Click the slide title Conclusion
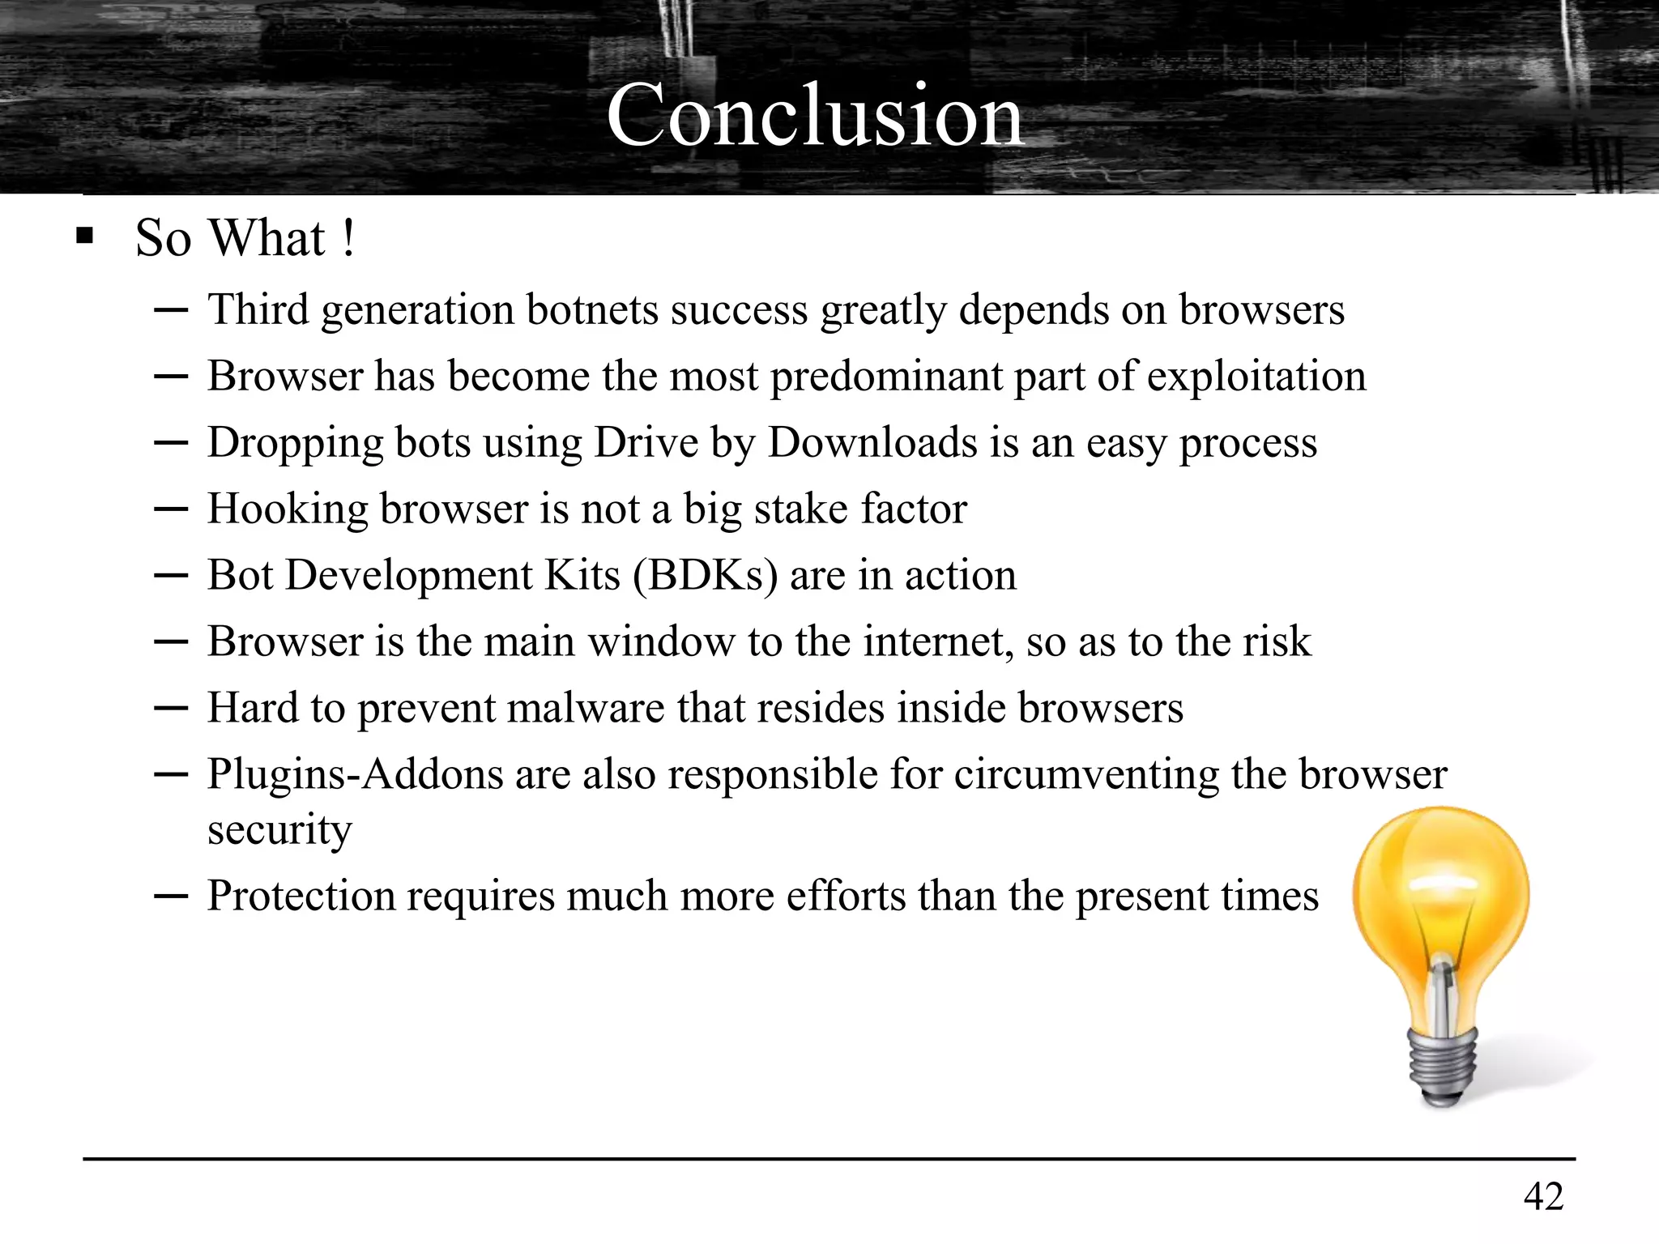815,116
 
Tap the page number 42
1543,1196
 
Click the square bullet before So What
84,238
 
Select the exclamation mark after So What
348,238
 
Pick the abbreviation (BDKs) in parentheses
705,577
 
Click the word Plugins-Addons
354,775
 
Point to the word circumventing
1086,775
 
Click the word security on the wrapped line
279,830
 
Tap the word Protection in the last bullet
301,897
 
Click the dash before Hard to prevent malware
170,708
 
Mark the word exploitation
1256,377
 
